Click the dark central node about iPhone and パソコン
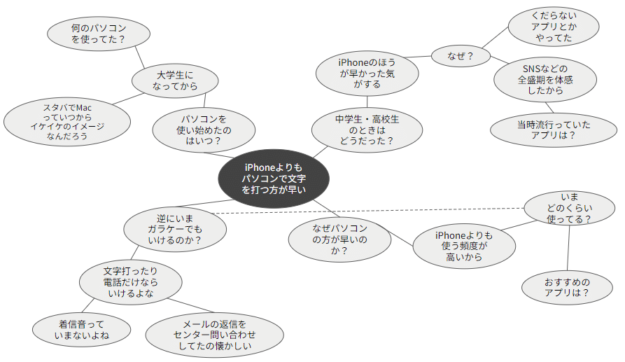(274, 179)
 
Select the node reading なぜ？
(461, 56)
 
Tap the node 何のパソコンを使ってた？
(99, 34)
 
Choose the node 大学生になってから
(175, 81)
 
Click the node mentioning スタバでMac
(67, 122)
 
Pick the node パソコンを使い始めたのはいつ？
(204, 130)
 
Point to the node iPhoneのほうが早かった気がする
(367, 74)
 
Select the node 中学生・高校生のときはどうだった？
(367, 130)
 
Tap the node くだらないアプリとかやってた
(554, 27)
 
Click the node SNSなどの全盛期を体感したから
(545, 79)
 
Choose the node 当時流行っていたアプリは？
(553, 130)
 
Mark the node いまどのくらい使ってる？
(569, 208)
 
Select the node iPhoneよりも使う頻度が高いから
(464, 246)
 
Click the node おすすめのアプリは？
(567, 287)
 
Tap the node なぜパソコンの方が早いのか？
(339, 239)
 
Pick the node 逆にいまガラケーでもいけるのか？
(175, 229)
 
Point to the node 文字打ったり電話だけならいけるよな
(131, 282)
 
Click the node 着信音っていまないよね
(81, 330)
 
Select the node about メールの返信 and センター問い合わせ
(214, 335)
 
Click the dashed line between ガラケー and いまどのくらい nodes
(368, 211)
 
